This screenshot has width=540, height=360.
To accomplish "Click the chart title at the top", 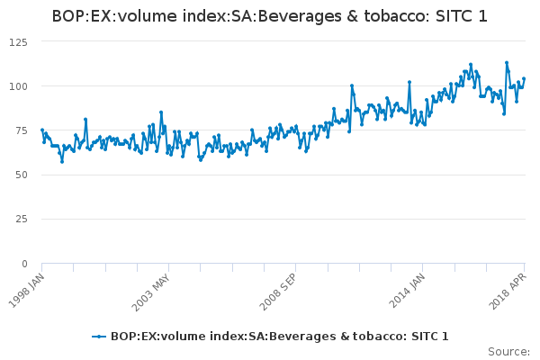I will [x=270, y=16].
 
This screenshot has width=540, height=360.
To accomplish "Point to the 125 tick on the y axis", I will [x=18, y=41].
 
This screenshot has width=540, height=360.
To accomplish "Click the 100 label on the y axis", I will [x=18, y=86].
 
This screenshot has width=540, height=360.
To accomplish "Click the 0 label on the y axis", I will [x=24, y=264].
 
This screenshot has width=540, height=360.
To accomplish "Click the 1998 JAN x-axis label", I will [x=26, y=289].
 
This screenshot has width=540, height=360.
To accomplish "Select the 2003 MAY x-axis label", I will [x=156, y=289].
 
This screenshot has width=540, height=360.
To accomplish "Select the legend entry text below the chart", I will [x=279, y=337].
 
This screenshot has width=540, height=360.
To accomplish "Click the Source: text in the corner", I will [x=508, y=351].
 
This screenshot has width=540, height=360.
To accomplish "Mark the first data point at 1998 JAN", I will [x=42, y=130].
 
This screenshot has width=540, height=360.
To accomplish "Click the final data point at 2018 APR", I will [x=524, y=79].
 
